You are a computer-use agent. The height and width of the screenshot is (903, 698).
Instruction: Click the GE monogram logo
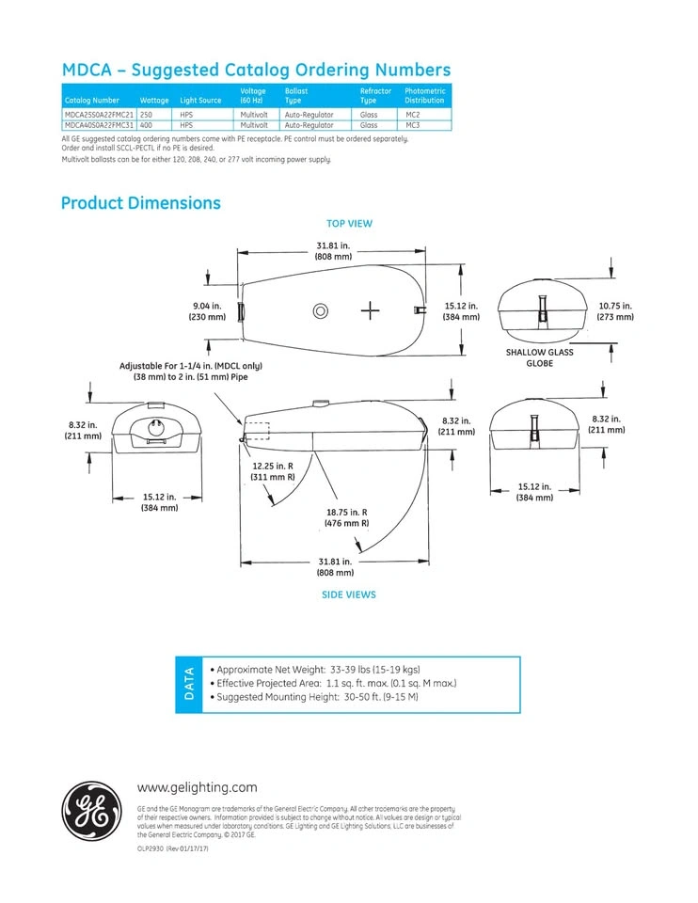click(x=90, y=811)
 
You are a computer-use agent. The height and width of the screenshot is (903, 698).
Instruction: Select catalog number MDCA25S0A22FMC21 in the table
click(x=99, y=114)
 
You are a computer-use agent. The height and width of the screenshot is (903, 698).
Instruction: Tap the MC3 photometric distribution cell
click(x=413, y=124)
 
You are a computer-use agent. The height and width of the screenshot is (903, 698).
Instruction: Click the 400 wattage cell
click(x=147, y=124)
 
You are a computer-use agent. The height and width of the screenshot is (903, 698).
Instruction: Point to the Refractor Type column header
click(x=375, y=95)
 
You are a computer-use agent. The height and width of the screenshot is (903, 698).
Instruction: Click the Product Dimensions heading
click(x=141, y=203)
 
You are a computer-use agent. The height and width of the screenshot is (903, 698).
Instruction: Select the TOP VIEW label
click(x=349, y=224)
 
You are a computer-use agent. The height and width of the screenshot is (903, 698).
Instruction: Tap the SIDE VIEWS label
click(x=349, y=594)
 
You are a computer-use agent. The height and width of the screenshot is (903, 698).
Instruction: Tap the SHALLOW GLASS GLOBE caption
click(x=539, y=357)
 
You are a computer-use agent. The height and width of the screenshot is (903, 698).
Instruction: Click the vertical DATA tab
click(x=188, y=684)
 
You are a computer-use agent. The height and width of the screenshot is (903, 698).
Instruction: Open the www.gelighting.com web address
click(x=198, y=787)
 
